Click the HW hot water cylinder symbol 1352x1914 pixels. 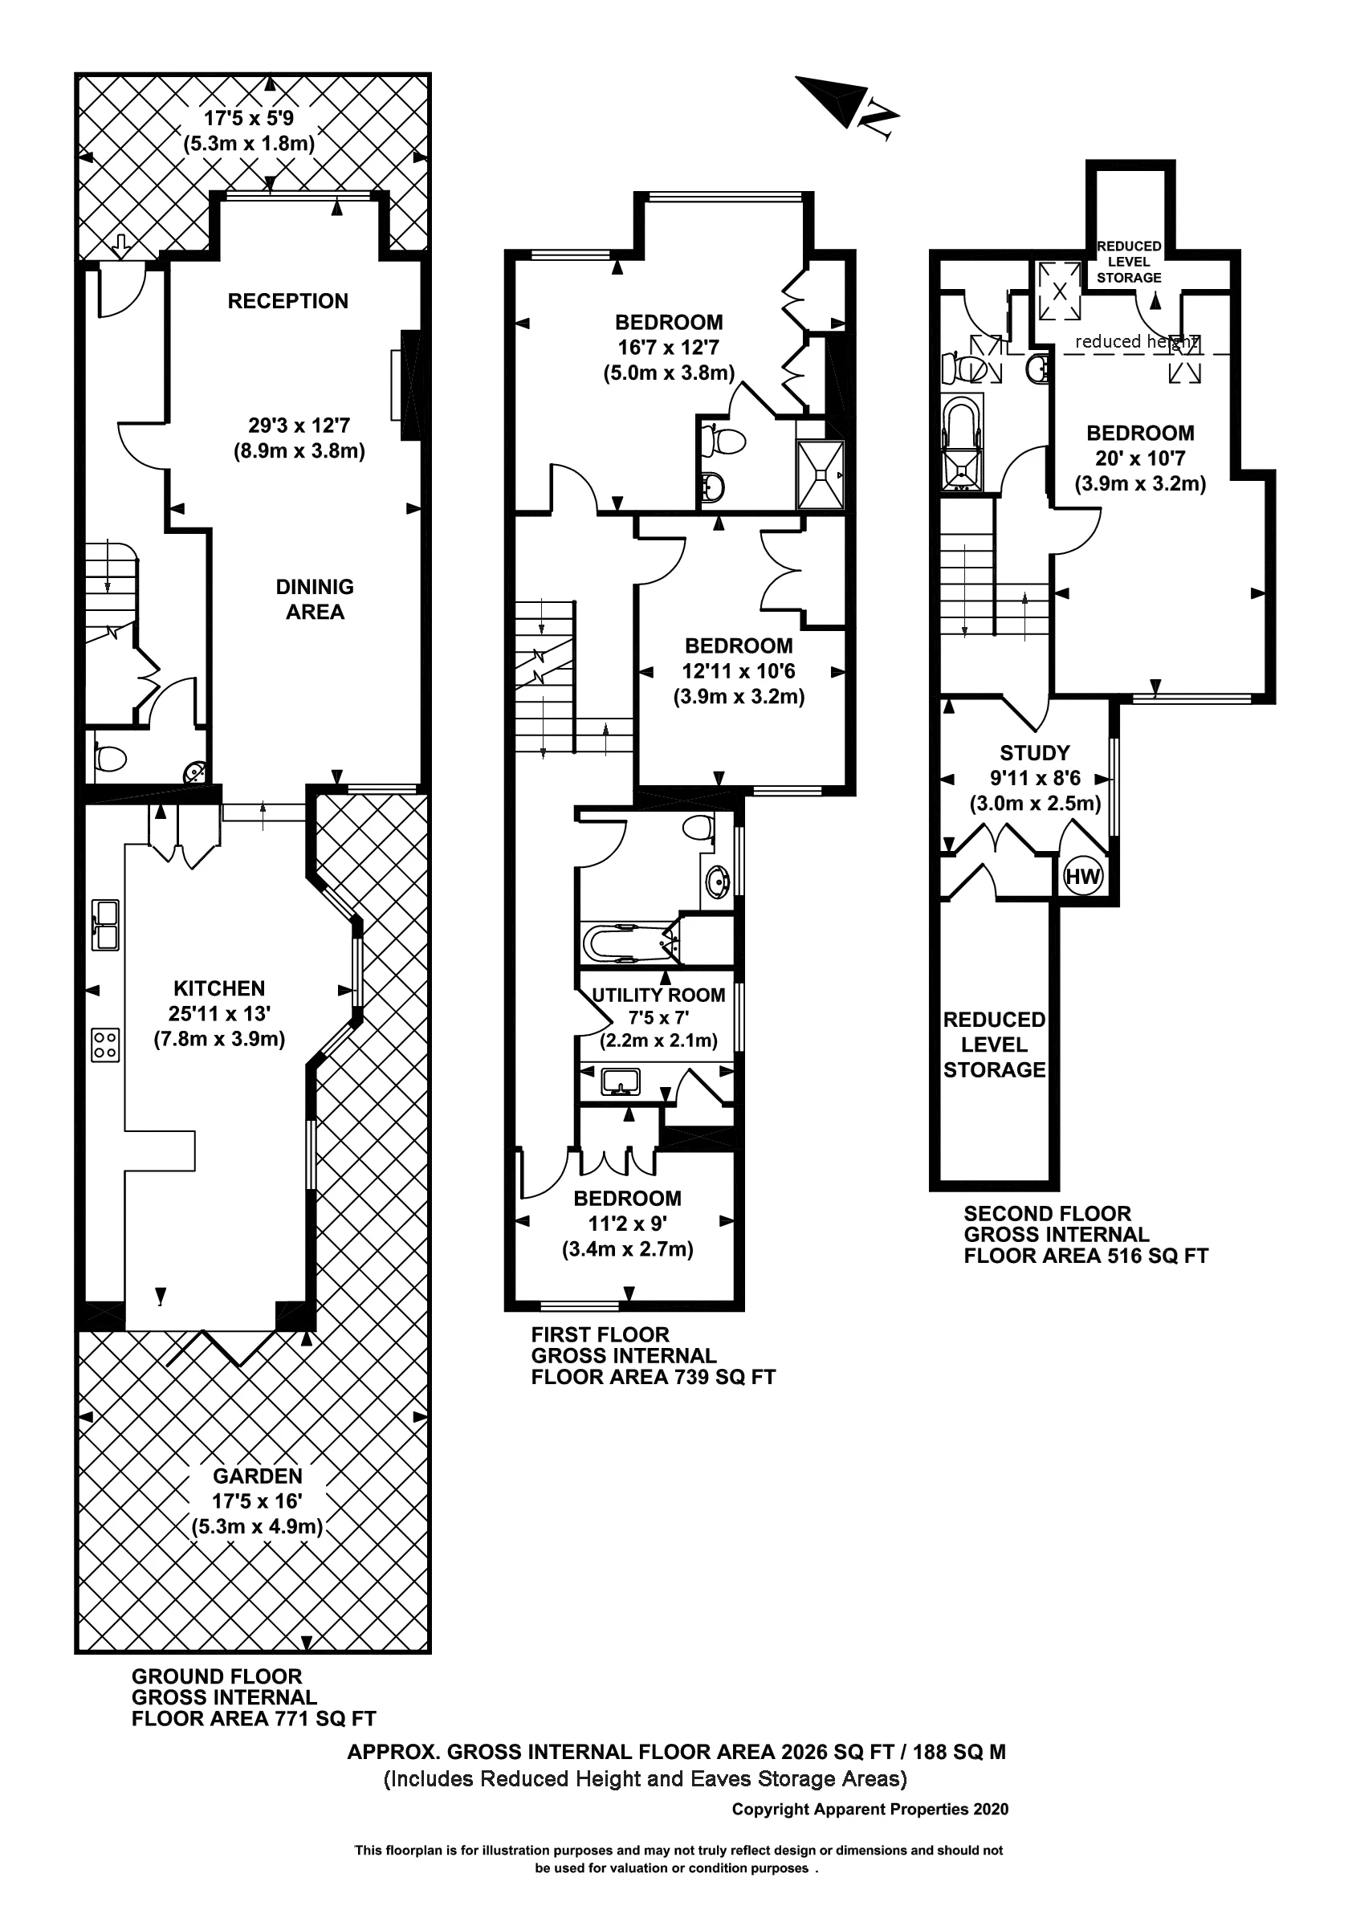click(1082, 876)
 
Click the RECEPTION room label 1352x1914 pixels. click(287, 301)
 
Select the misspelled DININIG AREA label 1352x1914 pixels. click(314, 600)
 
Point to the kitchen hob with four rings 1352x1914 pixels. click(105, 1045)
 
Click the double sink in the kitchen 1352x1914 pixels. click(105, 926)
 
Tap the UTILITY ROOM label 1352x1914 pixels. click(658, 995)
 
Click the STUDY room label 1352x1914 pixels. click(1034, 753)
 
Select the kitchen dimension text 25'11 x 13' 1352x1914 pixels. click(219, 1014)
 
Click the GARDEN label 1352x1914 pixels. click(258, 1476)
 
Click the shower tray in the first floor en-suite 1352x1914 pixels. click(821, 475)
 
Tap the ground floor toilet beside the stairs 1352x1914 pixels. click(110, 758)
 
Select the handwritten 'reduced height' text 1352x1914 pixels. click(1136, 341)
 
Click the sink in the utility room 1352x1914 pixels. click(620, 1081)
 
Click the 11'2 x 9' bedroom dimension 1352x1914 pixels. click(627, 1224)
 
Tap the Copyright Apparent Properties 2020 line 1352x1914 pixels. click(869, 1809)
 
